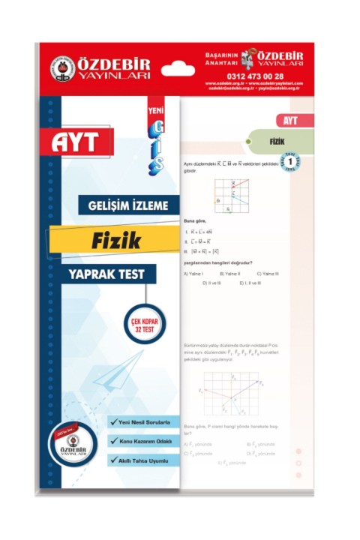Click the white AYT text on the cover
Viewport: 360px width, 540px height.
pos(81,140)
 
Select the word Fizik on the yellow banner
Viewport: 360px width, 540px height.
pos(114,240)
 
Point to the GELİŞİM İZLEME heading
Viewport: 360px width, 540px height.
pos(129,203)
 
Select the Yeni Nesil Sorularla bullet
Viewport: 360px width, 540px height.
pos(145,422)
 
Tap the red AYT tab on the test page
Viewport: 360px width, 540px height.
pos(286,120)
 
